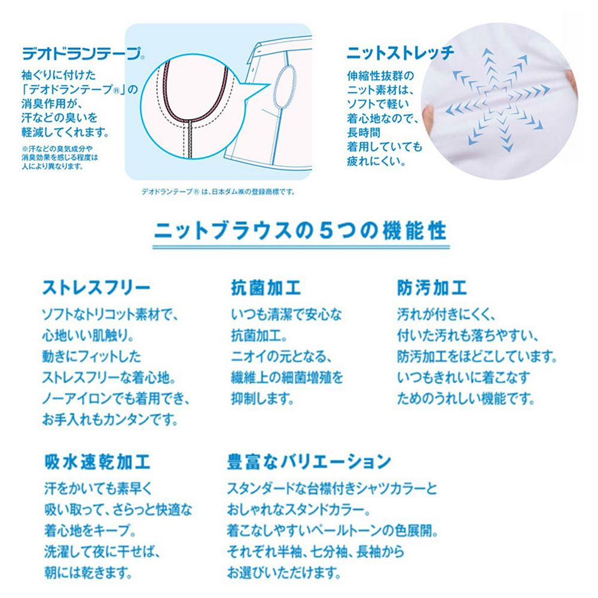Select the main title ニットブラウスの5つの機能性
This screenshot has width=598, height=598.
coord(300,230)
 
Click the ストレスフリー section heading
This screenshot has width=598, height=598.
coord(96,288)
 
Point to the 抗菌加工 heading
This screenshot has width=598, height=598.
coord(266,288)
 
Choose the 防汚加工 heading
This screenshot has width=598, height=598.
coord(432,288)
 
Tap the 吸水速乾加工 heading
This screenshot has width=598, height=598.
coord(97,462)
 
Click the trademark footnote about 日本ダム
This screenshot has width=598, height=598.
coord(218,192)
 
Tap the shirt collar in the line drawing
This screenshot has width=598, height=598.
coord(281,45)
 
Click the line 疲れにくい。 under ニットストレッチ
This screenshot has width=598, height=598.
coord(376,161)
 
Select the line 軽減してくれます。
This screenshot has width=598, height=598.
coord(69,132)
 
